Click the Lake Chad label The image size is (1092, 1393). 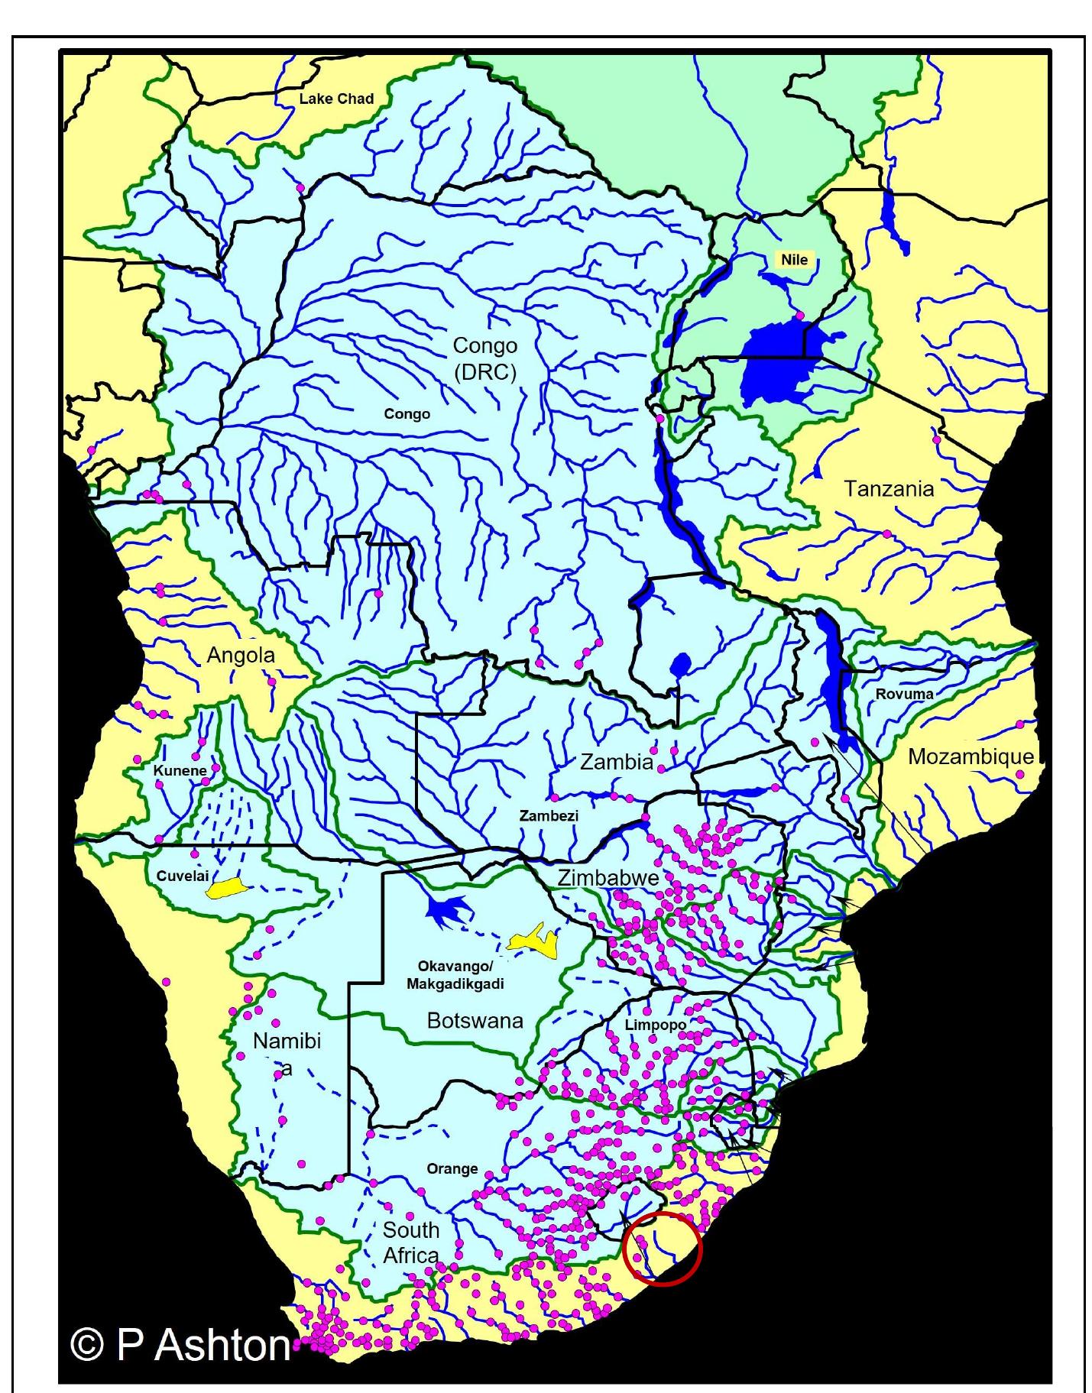(x=336, y=99)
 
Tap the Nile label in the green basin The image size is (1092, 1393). (x=794, y=260)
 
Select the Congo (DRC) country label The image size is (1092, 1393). (x=484, y=358)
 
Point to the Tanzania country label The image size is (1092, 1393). (x=888, y=489)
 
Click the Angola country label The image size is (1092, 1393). (x=241, y=656)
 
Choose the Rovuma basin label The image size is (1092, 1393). (x=904, y=694)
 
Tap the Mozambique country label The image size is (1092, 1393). (x=970, y=756)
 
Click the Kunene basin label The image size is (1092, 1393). (x=180, y=770)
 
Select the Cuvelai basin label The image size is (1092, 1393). (x=182, y=876)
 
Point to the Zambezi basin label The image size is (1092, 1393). (x=549, y=815)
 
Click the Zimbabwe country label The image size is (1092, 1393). (x=608, y=877)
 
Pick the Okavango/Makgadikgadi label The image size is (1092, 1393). (x=455, y=975)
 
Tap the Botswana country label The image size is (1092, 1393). (x=475, y=1021)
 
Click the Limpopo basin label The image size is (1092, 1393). (x=655, y=1025)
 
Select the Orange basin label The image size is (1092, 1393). (x=452, y=1168)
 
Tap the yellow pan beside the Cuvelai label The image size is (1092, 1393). (x=224, y=888)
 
